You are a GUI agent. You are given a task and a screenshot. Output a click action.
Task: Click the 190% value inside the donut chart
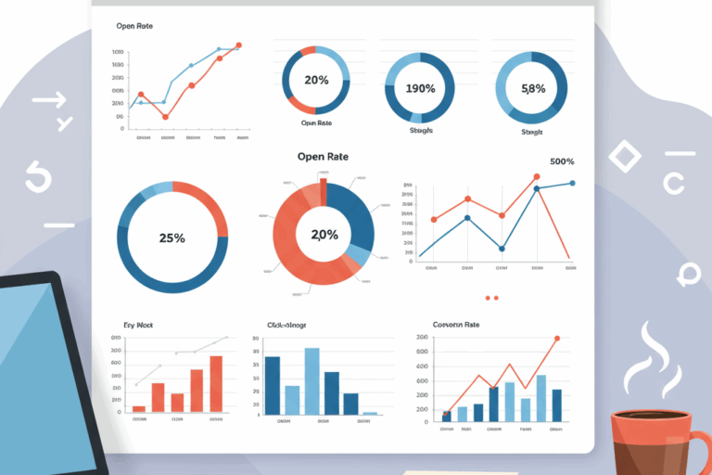(420, 89)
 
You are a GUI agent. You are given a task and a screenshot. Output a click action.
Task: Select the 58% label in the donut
(533, 89)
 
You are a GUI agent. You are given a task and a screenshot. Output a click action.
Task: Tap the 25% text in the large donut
(172, 237)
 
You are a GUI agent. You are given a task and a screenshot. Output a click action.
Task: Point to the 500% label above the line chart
(562, 162)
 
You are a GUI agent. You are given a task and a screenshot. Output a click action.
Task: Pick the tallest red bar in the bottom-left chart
(216, 383)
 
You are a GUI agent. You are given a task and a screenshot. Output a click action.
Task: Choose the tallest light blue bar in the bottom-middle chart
(311, 380)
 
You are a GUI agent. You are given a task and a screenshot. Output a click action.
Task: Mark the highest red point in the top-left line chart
(238, 45)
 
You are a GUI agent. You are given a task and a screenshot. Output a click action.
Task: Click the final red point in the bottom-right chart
(557, 339)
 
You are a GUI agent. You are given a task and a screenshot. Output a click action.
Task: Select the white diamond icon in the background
(624, 156)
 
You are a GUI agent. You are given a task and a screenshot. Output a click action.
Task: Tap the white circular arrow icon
(37, 176)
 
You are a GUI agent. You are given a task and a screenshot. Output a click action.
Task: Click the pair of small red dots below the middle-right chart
(491, 298)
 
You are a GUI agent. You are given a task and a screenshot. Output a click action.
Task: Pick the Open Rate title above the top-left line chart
(134, 26)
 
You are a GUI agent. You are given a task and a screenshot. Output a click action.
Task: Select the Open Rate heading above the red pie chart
(323, 156)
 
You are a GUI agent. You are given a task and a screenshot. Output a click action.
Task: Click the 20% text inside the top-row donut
(316, 80)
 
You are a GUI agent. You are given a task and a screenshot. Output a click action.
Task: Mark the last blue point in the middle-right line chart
(572, 183)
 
